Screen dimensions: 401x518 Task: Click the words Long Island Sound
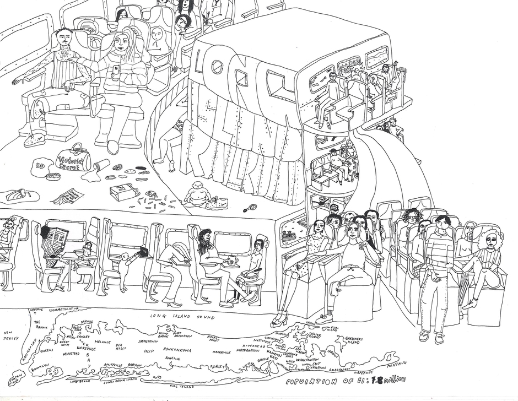(x=183, y=317)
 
